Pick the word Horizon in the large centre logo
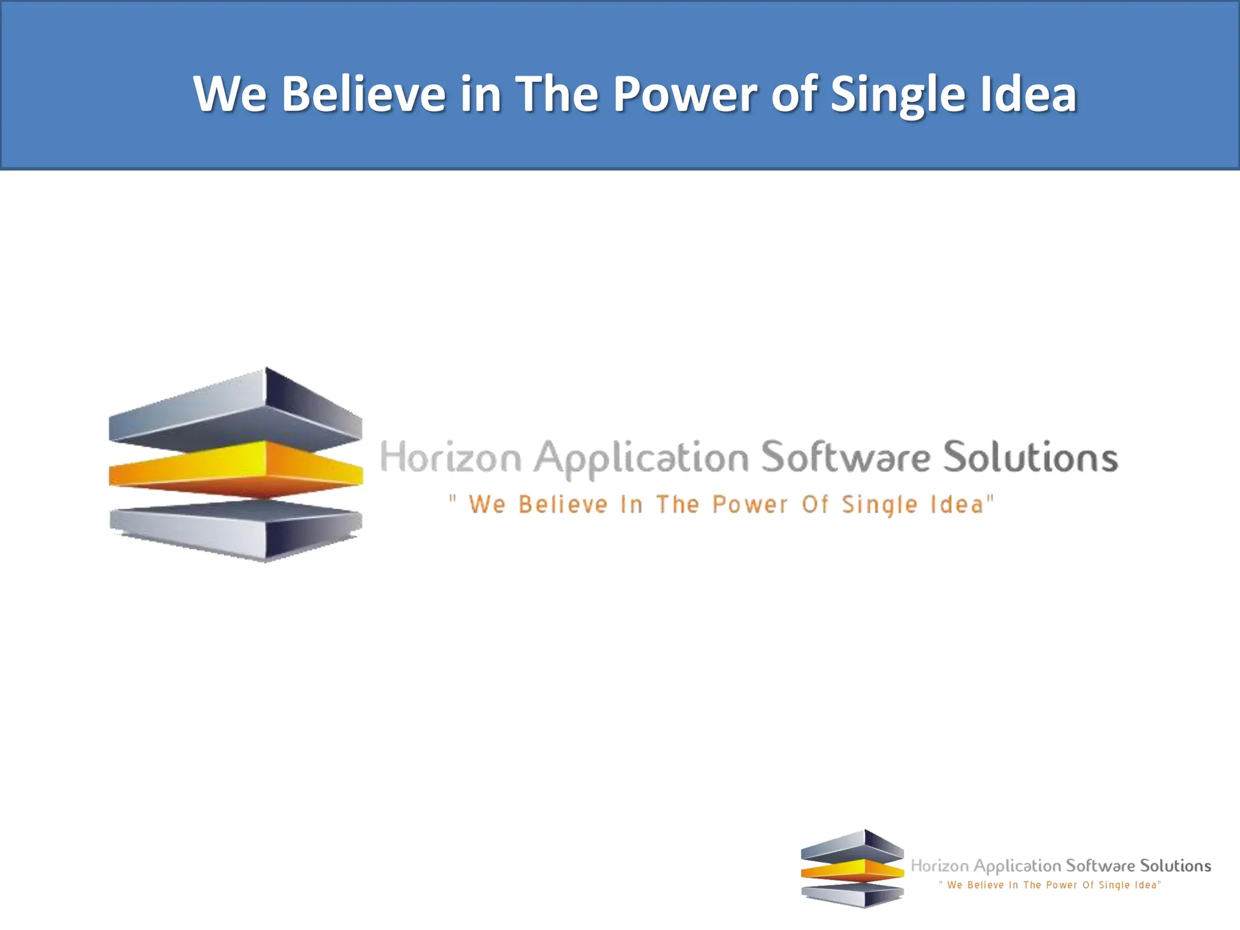coord(450,457)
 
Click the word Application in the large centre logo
coord(641,459)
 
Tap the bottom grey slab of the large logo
coord(236,527)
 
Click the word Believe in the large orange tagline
coord(563,504)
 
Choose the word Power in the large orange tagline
coord(750,504)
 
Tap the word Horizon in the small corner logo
coord(940,866)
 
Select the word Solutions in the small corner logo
coord(1175,866)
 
